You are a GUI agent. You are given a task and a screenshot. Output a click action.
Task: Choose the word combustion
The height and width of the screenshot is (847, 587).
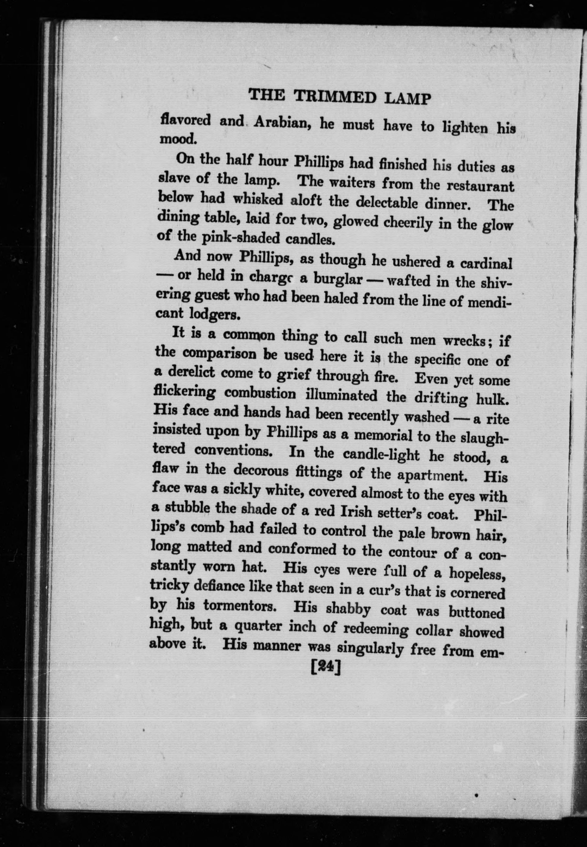tap(260, 393)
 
